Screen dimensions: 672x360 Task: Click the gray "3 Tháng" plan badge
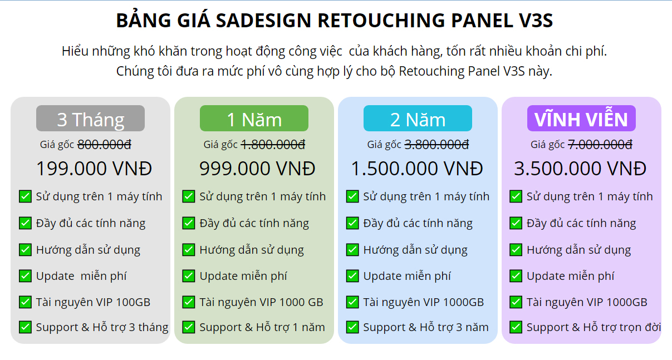point(90,118)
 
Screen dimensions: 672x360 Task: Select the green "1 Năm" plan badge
point(254,118)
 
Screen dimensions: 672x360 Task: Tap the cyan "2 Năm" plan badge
point(418,118)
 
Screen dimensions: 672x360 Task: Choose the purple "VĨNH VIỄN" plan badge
point(581,118)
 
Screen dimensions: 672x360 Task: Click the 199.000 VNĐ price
point(94,169)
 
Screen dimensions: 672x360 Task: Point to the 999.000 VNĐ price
point(257,169)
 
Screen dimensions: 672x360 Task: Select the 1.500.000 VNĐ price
point(417,169)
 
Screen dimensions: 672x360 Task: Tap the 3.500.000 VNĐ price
point(580,169)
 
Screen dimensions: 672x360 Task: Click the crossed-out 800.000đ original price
point(105,145)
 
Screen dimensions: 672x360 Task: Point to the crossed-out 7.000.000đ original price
point(600,145)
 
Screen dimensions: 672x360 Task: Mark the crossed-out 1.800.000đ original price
point(273,145)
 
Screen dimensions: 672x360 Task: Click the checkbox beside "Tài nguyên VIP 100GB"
point(25,302)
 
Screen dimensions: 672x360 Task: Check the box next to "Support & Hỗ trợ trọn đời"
point(516,327)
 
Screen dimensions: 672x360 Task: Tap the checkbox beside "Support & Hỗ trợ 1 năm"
point(189,327)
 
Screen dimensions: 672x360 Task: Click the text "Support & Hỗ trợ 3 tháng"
point(102,327)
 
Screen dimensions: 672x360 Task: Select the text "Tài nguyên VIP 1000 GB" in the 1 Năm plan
point(261,302)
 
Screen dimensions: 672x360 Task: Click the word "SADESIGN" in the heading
point(263,21)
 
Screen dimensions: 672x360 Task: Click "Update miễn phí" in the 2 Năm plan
point(407,276)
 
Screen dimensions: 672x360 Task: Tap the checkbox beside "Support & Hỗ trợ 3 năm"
point(352,327)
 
